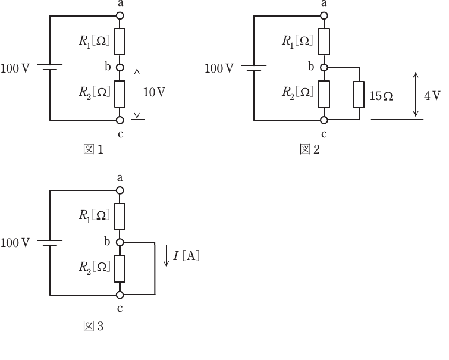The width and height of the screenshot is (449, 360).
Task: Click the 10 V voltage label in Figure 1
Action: [154, 92]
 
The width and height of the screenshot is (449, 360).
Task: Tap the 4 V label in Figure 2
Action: [432, 96]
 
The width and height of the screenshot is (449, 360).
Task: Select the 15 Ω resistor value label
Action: [381, 96]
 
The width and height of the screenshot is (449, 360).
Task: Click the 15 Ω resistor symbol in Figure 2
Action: [359, 95]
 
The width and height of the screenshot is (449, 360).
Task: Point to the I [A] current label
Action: [186, 255]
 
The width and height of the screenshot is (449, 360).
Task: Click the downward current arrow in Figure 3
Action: [166, 256]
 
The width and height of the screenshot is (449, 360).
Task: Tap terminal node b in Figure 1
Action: [120, 68]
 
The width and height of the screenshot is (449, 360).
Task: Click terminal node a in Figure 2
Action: [324, 15]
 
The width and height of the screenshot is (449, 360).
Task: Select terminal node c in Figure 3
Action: [120, 295]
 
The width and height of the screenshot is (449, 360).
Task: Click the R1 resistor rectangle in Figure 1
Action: [120, 42]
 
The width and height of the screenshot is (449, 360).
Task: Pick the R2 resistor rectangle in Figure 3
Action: [120, 269]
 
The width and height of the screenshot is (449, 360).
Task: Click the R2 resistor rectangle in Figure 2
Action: [324, 94]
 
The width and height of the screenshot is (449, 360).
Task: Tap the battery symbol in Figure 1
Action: [50, 67]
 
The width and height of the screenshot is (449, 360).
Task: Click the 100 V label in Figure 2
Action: [219, 68]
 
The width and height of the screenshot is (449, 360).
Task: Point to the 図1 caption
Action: [93, 149]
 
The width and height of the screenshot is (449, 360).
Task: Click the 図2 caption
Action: [310, 149]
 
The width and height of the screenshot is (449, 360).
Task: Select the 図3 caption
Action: [93, 326]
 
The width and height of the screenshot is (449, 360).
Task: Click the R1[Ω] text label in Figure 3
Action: [94, 215]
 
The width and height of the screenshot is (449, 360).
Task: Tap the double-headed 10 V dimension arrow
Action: [137, 93]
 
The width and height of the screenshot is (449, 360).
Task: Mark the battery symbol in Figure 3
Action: [50, 243]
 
